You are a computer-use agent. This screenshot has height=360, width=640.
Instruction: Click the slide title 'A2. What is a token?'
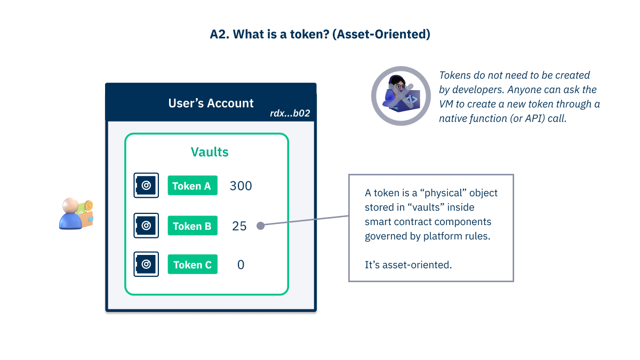(320, 35)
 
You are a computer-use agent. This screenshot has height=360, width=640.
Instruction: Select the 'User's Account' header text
(211, 103)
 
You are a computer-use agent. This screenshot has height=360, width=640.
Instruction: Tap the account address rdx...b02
(290, 114)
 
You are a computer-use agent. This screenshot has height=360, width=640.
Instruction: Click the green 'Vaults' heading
(210, 152)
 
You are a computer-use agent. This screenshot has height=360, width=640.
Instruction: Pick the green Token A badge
(193, 186)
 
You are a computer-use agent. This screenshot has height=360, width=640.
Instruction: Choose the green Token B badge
(193, 226)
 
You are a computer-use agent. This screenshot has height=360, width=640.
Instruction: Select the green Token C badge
(193, 265)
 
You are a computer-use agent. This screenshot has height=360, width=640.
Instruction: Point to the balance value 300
(241, 186)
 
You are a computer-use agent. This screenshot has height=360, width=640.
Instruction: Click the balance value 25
(239, 226)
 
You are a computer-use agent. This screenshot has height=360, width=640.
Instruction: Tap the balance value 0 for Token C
(241, 265)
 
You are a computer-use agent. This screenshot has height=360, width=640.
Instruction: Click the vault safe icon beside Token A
(146, 186)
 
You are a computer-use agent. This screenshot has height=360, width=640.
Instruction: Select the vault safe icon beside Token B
(146, 226)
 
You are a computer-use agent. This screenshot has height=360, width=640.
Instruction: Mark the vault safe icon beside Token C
(146, 265)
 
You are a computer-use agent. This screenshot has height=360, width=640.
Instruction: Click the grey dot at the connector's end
(260, 226)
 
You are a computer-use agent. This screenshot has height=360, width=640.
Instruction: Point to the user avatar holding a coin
(76, 214)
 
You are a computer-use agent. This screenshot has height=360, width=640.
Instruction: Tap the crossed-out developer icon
(401, 96)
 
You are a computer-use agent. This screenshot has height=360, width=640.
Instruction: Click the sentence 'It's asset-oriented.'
(408, 265)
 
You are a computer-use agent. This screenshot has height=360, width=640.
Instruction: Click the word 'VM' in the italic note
(446, 104)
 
